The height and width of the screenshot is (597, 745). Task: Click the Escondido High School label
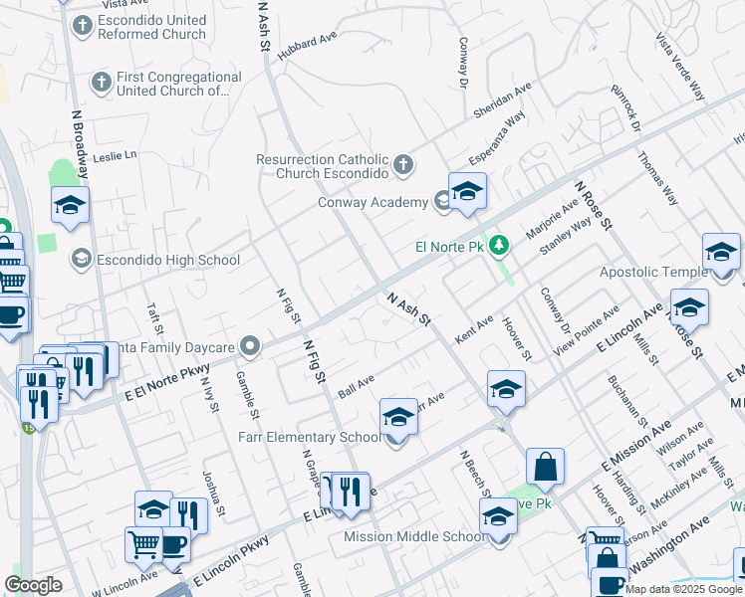[167, 261]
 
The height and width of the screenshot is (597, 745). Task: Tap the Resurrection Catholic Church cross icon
[403, 164]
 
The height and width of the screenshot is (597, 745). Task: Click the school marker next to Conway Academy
[466, 190]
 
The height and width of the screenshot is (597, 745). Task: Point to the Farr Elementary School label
[310, 437]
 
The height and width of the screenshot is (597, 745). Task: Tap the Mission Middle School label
[414, 536]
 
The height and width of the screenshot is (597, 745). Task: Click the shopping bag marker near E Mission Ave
[545, 466]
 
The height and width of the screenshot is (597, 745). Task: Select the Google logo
[33, 585]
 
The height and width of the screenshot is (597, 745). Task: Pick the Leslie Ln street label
[114, 156]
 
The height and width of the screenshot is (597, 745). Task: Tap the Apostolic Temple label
[653, 272]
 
